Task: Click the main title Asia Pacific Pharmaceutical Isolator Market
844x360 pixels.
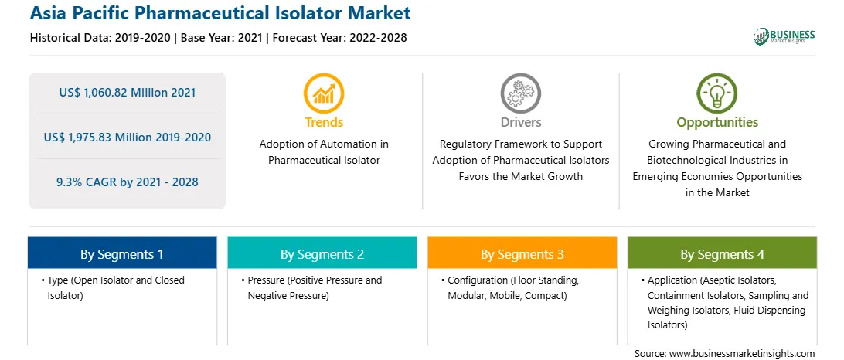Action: click(220, 13)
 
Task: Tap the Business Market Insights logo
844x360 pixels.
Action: click(784, 36)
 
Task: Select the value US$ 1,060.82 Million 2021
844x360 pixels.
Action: click(127, 93)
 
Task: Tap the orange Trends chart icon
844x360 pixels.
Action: click(324, 93)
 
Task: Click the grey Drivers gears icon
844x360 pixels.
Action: click(520, 93)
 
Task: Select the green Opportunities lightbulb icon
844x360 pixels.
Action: click(717, 93)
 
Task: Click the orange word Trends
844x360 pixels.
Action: click(324, 122)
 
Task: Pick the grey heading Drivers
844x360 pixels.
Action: click(520, 122)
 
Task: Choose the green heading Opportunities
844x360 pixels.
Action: click(717, 123)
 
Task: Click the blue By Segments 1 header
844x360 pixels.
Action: click(122, 254)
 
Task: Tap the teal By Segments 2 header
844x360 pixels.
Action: click(322, 254)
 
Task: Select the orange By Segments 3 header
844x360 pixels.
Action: click(522, 254)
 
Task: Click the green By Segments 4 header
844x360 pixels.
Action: click(723, 254)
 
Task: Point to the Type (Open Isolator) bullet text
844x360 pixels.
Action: click(113, 288)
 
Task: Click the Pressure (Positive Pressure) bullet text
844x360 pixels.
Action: click(311, 288)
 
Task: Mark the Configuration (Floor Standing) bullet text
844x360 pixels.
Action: click(513, 288)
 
